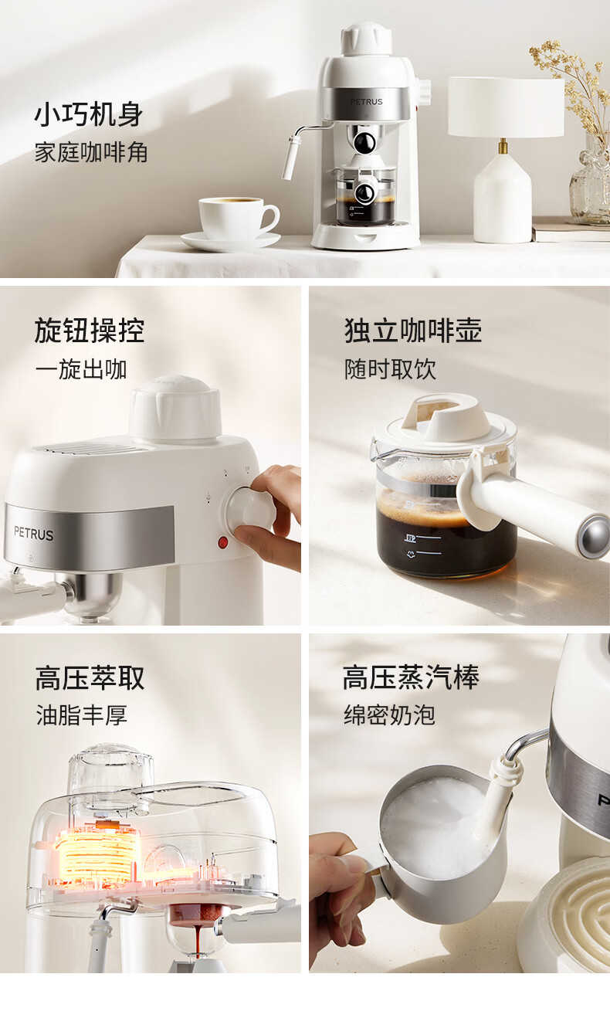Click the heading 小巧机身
89,114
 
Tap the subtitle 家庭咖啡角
91,152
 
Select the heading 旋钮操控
90,331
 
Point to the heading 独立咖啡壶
413,331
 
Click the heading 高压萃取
90,678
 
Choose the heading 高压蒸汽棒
411,678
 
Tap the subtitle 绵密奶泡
389,714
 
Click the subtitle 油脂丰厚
82,714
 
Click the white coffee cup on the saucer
236,218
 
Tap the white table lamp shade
506,107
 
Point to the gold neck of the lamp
503,146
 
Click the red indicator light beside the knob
222,542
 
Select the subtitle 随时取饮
390,369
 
